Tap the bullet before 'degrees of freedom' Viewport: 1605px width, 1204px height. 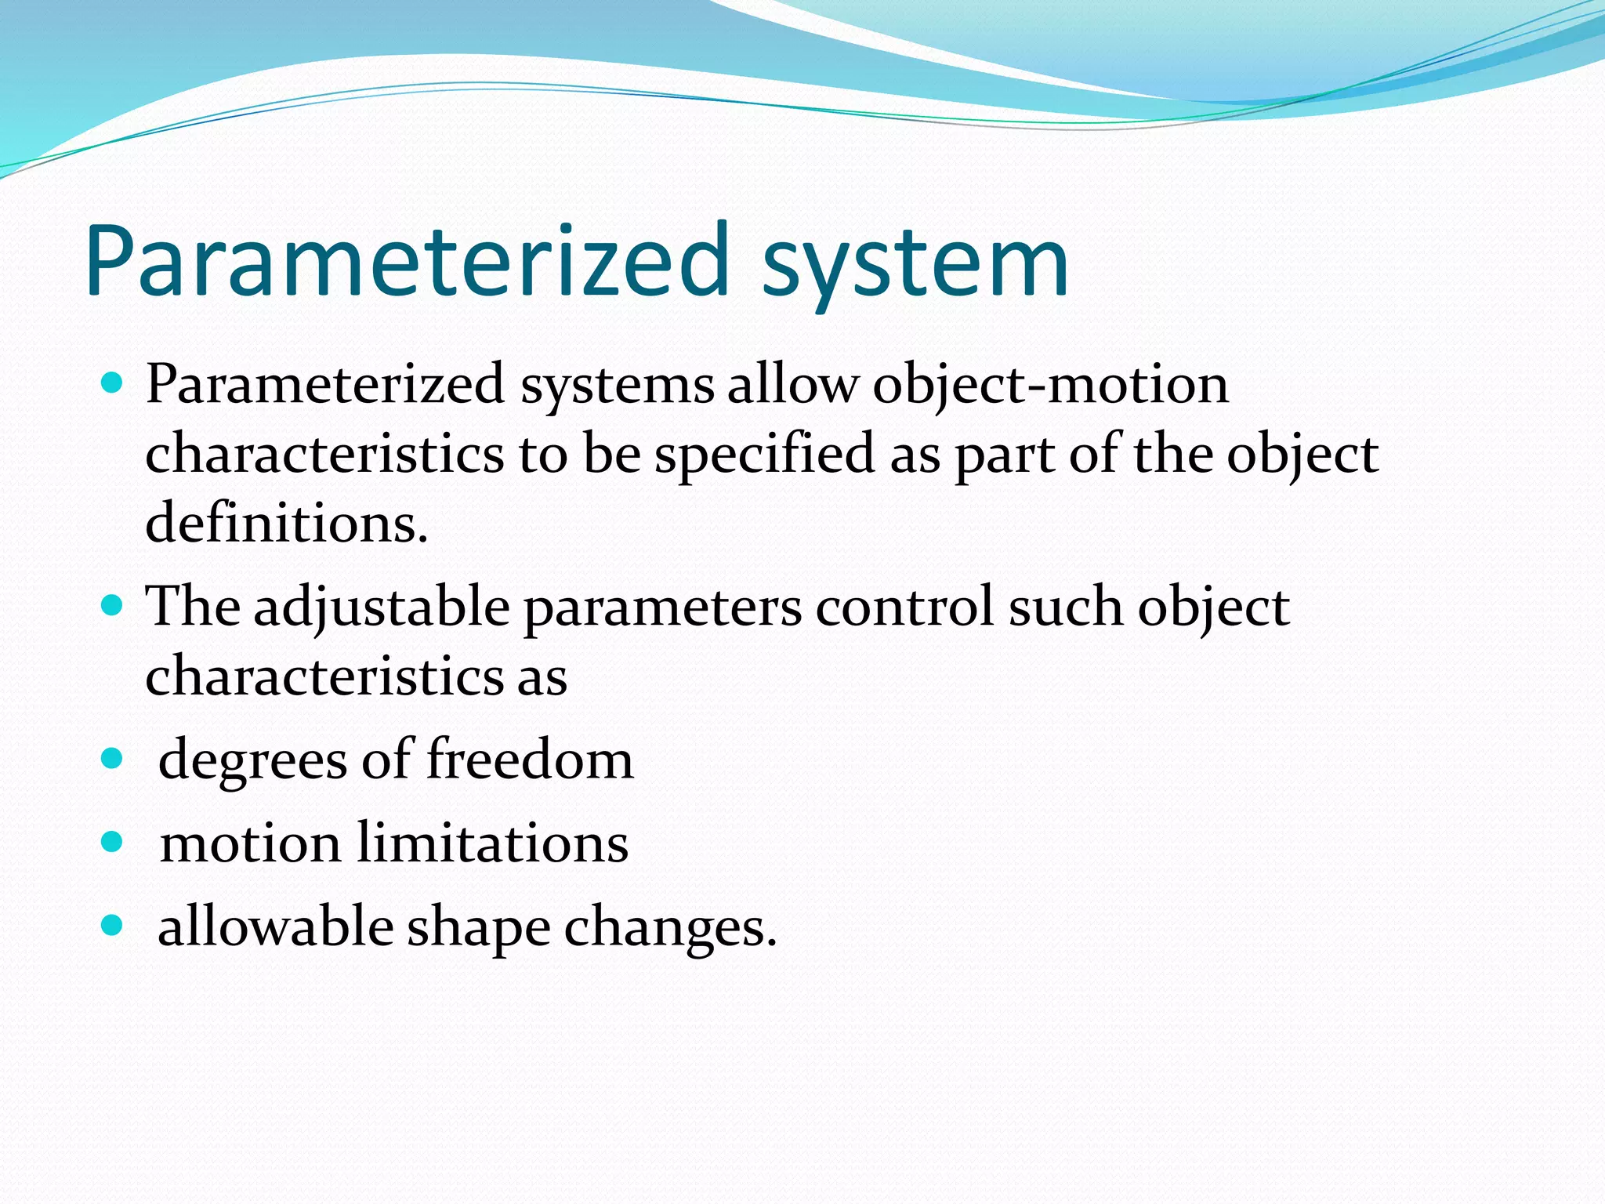click(113, 759)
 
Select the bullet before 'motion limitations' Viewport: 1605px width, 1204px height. click(113, 842)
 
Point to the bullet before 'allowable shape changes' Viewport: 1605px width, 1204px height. click(113, 926)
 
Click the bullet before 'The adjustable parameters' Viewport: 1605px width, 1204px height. click(113, 606)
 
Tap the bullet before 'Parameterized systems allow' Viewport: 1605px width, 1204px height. click(113, 384)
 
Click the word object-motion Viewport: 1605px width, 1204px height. click(1050, 386)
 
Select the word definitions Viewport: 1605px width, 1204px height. click(287, 524)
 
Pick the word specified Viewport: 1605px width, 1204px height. click(764, 455)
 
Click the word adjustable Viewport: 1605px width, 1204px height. click(381, 608)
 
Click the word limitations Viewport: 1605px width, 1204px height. click(493, 843)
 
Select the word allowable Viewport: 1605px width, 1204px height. click(275, 927)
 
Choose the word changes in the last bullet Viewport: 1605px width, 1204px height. click(671, 928)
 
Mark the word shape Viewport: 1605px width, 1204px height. click(478, 930)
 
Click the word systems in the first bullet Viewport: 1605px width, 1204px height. click(618, 387)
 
